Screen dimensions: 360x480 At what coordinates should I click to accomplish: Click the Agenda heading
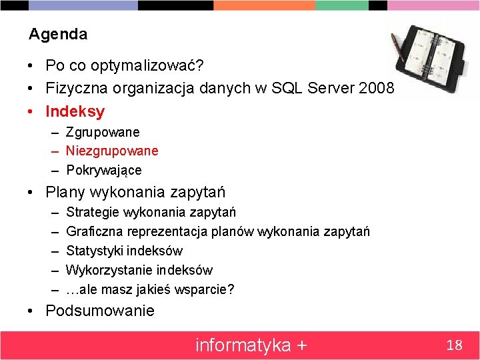(58, 33)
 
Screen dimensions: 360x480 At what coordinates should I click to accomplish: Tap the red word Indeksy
(75, 111)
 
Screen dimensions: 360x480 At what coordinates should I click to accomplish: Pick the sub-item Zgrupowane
(103, 133)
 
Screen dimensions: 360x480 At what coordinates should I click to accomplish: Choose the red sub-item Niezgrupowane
(112, 151)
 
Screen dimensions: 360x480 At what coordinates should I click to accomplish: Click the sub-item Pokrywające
(104, 170)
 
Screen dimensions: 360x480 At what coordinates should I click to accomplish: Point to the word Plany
(65, 193)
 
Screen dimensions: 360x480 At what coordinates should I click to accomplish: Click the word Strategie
(93, 212)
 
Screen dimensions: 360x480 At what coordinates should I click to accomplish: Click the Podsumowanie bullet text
(100, 311)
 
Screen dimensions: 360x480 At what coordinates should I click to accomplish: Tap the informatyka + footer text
(251, 345)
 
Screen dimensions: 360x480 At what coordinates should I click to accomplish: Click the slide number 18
(454, 345)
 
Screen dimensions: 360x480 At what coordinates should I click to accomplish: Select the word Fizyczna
(73, 88)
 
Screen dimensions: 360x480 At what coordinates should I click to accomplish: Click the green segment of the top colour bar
(342, 5)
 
